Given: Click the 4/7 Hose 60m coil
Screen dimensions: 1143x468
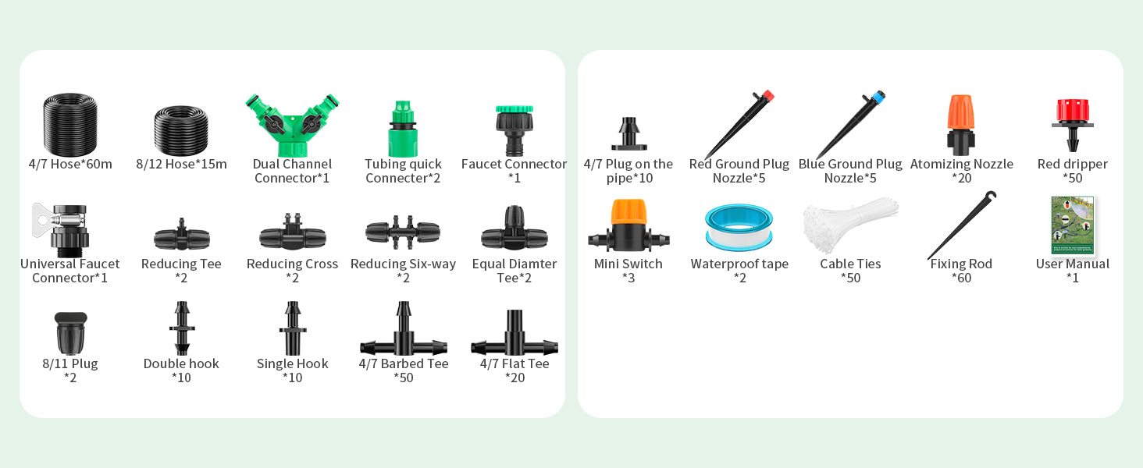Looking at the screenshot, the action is click(x=70, y=124).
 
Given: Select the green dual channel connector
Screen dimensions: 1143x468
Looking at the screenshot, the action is click(x=292, y=125).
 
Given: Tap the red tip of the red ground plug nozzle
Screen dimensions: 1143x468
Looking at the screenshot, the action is click(x=767, y=96).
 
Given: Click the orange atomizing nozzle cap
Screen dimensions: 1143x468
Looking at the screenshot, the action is click(x=961, y=112).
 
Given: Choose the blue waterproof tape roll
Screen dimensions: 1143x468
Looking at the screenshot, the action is click(x=739, y=227).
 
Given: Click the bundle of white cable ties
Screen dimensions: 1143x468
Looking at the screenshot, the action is click(x=849, y=225).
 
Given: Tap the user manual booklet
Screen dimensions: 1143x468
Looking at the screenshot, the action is click(x=1073, y=225).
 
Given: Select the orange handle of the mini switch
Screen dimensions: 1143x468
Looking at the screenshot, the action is click(x=628, y=211).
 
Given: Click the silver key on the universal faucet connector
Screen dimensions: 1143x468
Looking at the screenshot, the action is click(x=44, y=220).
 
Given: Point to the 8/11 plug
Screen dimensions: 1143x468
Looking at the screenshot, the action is click(x=70, y=333).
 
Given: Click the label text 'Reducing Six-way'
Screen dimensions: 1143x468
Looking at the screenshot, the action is click(x=403, y=264).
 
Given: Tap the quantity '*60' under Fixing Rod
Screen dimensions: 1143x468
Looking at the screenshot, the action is click(x=961, y=278).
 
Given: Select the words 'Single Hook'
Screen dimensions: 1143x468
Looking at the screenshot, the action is click(x=292, y=363).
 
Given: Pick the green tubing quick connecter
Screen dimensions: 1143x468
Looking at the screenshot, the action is click(x=403, y=129).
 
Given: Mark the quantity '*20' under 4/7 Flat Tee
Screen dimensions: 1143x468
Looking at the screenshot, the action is click(x=515, y=378).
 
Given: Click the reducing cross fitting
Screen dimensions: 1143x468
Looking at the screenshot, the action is click(x=292, y=233).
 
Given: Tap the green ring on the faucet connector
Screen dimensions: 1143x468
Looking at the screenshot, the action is click(x=515, y=108).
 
